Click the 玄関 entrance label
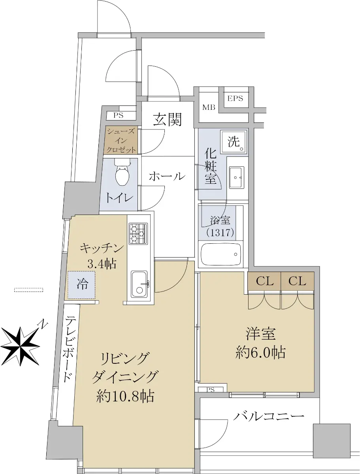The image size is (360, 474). pos(168,119)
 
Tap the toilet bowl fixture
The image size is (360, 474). pos(122,172)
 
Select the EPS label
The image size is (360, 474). pos(235,98)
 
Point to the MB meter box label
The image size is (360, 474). pos(209,107)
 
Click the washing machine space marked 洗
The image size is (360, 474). pos(234,141)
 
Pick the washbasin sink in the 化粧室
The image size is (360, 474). pos(236,177)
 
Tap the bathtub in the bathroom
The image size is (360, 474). pos(221,254)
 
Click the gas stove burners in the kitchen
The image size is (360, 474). pos(138,234)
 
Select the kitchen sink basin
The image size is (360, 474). pos(139,284)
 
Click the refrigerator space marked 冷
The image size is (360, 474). pos(82,285)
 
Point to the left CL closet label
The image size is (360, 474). pos(264,281)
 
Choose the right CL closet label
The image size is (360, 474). pos(297,281)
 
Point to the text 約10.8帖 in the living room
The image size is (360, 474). pos(125,396)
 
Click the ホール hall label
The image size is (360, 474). pos(167,177)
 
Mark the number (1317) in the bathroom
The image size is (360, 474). pos(220,233)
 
